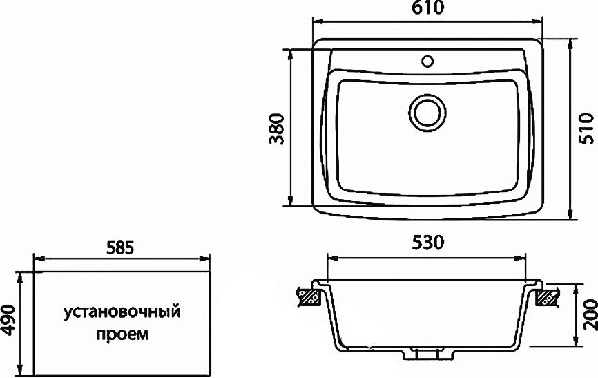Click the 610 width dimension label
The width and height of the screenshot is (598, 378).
(x=428, y=8)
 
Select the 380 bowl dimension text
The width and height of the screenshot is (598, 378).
(x=277, y=129)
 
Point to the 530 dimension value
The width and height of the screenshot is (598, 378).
(x=427, y=243)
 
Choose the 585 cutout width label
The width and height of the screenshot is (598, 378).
(x=119, y=248)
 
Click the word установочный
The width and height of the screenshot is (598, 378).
(x=122, y=312)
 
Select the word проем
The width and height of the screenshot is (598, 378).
(x=122, y=334)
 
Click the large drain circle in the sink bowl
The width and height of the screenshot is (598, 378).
(x=427, y=113)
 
